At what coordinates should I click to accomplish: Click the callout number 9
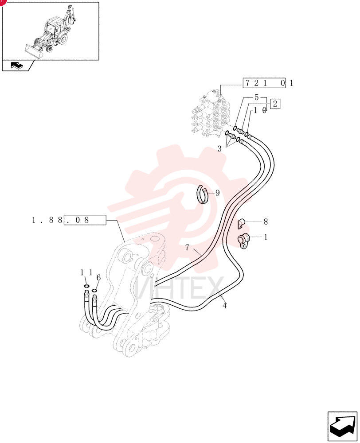tap(217, 193)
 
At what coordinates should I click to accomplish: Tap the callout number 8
tap(265, 222)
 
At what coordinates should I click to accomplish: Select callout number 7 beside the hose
tap(187, 248)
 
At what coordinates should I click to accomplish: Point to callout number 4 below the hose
tap(224, 306)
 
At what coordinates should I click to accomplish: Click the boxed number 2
tap(275, 104)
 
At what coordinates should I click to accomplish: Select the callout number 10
tap(260, 110)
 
